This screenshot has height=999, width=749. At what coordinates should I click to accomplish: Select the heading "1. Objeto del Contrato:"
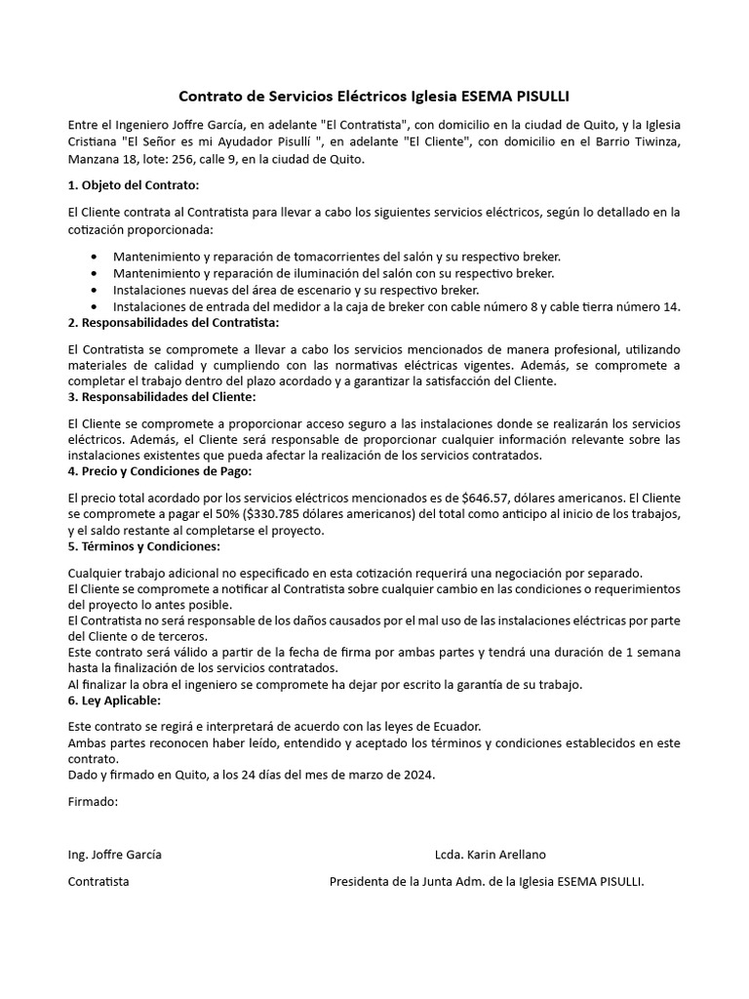click(134, 185)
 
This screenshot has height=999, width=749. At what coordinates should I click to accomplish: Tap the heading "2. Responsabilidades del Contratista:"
click(174, 322)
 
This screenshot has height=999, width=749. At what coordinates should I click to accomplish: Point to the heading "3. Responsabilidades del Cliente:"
click(162, 397)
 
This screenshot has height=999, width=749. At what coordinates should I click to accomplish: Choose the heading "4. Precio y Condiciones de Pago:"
click(160, 471)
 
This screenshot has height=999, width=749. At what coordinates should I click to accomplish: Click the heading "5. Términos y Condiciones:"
click(144, 546)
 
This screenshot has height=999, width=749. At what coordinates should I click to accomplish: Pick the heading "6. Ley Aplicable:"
click(115, 700)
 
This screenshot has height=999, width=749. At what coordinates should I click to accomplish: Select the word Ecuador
click(454, 728)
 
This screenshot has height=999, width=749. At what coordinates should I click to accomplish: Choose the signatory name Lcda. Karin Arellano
click(491, 855)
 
